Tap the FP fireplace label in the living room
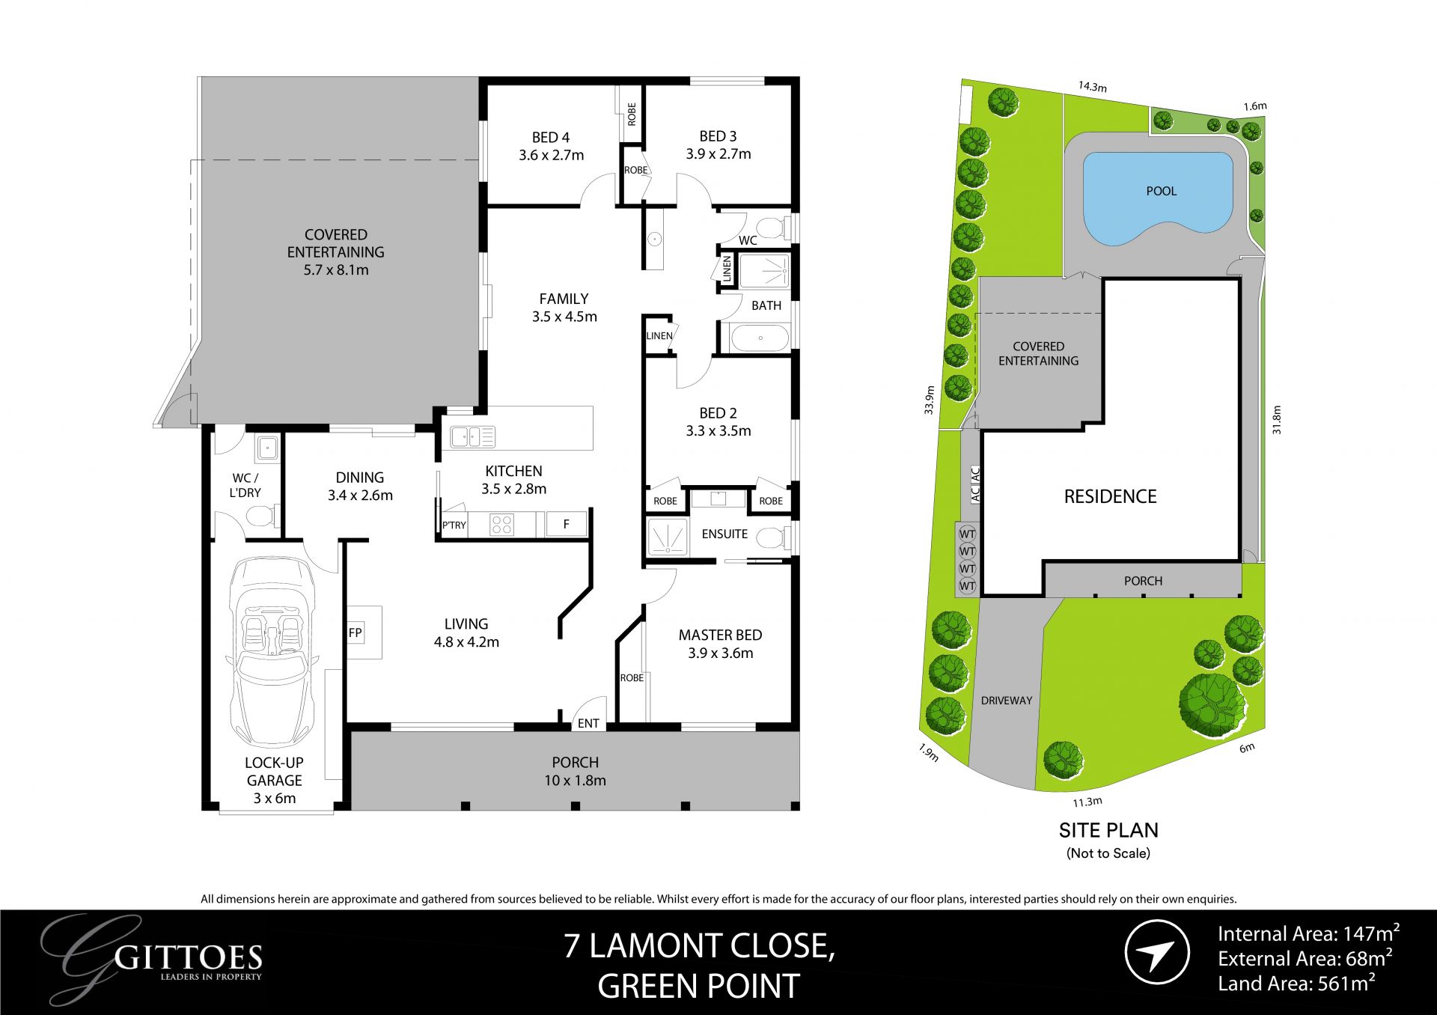click(x=355, y=633)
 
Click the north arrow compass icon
click(x=1157, y=952)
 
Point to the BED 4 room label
click(x=551, y=138)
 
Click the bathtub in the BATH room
click(x=760, y=338)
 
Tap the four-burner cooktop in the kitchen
click(x=501, y=525)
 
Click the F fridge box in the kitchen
click(x=566, y=524)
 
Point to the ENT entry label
click(x=588, y=723)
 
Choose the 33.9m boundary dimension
click(x=930, y=400)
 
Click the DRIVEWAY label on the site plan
click(x=1006, y=701)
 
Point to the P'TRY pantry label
click(x=454, y=525)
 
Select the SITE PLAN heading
click(x=1108, y=830)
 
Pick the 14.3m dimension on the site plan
click(x=1092, y=87)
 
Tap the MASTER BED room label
click(x=720, y=635)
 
